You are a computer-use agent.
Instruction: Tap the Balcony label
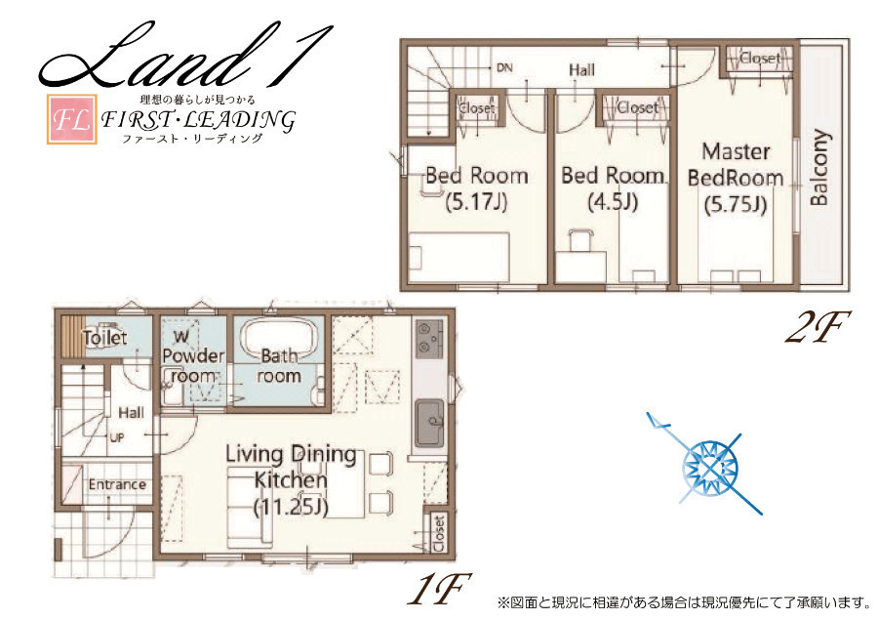[x=818, y=167]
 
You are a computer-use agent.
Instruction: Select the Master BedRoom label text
[x=736, y=165]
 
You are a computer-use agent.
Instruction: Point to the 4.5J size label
[x=614, y=201]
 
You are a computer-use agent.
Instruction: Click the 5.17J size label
[x=476, y=201]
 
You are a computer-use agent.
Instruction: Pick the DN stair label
[x=504, y=67]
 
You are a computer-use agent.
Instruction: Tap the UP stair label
[x=116, y=437]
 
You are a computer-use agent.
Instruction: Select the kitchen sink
[x=429, y=422]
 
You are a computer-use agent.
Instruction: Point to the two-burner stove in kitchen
[x=429, y=337]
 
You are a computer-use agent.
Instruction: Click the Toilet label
[x=104, y=338]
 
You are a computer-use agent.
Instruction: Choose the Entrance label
[x=117, y=485]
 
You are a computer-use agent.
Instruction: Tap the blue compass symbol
[x=710, y=465]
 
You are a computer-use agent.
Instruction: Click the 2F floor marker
[x=818, y=328]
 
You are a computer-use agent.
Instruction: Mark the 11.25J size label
[x=291, y=508]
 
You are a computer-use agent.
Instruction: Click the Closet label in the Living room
[x=438, y=533]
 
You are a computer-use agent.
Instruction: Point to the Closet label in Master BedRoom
[x=759, y=58]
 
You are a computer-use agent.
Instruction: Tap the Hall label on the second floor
[x=581, y=70]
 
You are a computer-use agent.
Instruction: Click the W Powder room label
[x=193, y=356]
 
